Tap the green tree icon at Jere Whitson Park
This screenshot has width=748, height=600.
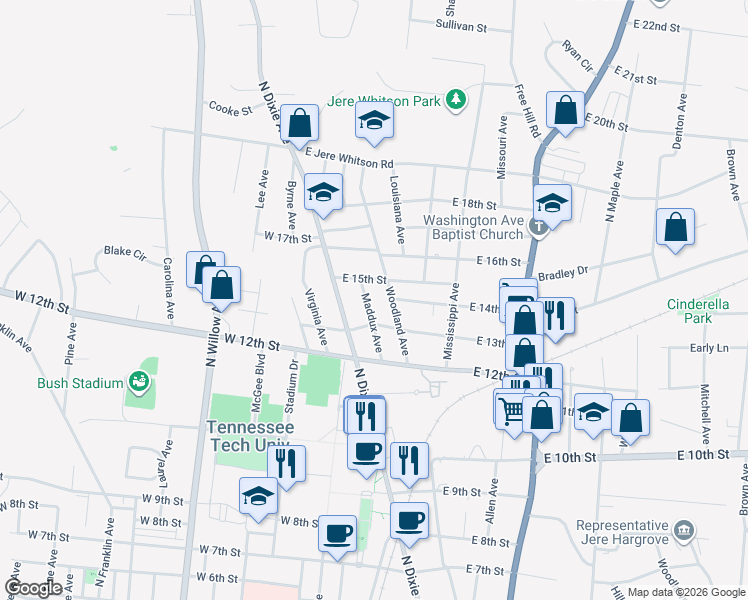456,99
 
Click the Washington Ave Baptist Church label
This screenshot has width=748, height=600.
473,227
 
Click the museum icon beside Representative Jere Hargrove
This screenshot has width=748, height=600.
683,528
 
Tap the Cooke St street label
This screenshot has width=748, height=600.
230,109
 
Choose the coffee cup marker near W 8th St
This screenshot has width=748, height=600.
337,531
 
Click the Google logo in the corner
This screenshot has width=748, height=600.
33,587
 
